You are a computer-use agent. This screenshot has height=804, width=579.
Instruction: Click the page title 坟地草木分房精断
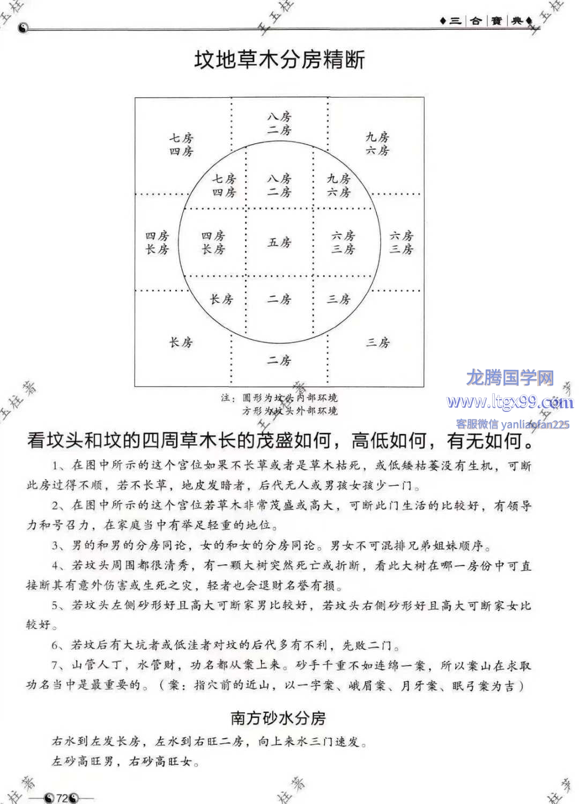[279, 60]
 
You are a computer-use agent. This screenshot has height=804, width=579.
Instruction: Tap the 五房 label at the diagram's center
[279, 242]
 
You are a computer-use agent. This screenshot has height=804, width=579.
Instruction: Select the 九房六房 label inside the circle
[339, 185]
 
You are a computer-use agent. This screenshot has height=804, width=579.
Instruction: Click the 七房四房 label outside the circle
[181, 145]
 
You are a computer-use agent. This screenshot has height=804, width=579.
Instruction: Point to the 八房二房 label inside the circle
[279, 185]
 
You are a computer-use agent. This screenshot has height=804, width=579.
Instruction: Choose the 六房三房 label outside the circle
[402, 242]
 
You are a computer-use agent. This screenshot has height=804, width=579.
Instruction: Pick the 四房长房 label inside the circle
[213, 242]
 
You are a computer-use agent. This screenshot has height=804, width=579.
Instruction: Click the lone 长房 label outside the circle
[181, 342]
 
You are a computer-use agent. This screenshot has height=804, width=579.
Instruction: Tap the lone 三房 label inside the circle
[339, 299]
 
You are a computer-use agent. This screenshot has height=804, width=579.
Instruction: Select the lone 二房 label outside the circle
[279, 360]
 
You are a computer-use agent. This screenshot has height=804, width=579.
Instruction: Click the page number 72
[62, 798]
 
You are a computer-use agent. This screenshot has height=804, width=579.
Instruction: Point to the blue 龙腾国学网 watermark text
[510, 378]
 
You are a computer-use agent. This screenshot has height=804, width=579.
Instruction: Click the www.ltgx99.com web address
[510, 402]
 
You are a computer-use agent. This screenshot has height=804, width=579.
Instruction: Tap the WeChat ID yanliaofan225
[535, 425]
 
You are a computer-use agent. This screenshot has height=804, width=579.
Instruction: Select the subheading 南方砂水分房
[278, 718]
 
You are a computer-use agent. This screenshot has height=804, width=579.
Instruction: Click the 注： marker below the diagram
[228, 398]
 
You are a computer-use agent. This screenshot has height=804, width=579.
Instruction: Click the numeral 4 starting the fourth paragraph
[55, 566]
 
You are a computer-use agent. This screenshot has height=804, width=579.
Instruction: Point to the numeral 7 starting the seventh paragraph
[55, 666]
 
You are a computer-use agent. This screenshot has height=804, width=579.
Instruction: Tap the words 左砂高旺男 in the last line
[83, 761]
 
